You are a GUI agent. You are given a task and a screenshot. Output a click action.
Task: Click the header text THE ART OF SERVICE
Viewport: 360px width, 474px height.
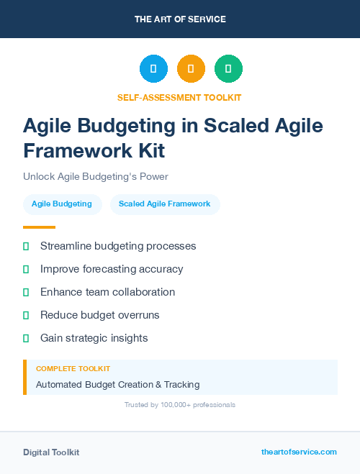[180, 19]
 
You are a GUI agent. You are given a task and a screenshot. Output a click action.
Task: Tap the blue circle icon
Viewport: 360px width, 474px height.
[153, 69]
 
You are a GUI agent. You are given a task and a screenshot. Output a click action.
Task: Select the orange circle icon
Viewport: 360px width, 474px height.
[191, 69]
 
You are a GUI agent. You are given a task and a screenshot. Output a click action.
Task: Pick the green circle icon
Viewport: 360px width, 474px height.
[228, 69]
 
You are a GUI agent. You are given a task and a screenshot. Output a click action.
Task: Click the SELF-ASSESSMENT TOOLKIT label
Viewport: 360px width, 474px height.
[180, 97]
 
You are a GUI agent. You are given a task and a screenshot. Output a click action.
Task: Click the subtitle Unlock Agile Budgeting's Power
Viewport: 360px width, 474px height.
[95, 176]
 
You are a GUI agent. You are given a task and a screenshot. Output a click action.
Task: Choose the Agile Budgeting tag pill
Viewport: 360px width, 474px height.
[62, 204]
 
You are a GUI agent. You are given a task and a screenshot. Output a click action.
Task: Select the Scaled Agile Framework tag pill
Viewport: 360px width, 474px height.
[165, 204]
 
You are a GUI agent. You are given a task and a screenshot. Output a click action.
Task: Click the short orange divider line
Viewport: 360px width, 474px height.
[39, 227]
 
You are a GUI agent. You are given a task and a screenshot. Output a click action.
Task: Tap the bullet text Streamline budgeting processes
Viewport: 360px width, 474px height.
[118, 246]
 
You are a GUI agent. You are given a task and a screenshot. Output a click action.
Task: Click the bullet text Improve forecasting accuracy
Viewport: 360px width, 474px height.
[112, 269]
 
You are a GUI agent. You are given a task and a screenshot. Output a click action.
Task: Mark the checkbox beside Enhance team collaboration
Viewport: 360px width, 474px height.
[26, 292]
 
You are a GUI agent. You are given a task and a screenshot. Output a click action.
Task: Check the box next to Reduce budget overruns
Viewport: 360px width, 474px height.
[26, 315]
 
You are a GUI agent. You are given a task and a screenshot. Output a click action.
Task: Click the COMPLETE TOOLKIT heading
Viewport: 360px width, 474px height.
[73, 369]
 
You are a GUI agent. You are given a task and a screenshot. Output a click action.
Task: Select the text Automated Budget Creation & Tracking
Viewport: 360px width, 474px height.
[117, 385]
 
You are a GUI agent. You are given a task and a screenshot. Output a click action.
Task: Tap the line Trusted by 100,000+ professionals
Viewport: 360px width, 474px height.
[180, 405]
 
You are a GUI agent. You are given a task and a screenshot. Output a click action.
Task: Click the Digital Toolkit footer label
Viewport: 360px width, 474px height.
[51, 452]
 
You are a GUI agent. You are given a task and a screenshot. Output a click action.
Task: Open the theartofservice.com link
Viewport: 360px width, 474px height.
[299, 452]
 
